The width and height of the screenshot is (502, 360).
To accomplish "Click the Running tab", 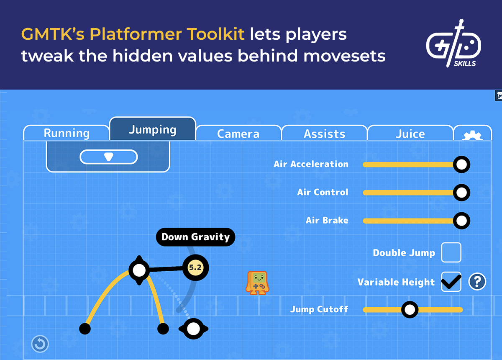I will pyautogui.click(x=67, y=133).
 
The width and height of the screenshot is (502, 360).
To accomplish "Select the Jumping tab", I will pyautogui.click(x=152, y=129).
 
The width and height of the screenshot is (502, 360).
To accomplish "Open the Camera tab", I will pyautogui.click(x=238, y=134).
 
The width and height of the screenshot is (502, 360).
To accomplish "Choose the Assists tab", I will pyautogui.click(x=324, y=134).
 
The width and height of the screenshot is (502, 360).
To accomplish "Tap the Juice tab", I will pyautogui.click(x=410, y=134).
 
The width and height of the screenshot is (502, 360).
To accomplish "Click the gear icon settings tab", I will pyautogui.click(x=473, y=135).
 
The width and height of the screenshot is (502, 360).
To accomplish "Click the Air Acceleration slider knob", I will pyautogui.click(x=461, y=165).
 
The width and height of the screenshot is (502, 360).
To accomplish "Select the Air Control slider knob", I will pyautogui.click(x=461, y=193).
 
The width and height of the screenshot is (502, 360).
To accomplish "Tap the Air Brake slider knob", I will pyautogui.click(x=461, y=221).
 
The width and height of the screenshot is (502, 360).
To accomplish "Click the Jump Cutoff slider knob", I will pyautogui.click(x=410, y=310).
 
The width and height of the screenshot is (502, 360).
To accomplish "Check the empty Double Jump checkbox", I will pyautogui.click(x=451, y=252).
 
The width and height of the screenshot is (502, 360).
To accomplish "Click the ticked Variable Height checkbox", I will pyautogui.click(x=451, y=282).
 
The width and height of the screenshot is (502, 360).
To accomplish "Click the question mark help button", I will pyautogui.click(x=477, y=282).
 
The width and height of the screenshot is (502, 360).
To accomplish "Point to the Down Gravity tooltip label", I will pyautogui.click(x=195, y=237).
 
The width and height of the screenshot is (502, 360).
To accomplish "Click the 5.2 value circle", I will pyautogui.click(x=195, y=267).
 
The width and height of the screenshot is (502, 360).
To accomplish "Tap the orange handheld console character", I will pyautogui.click(x=257, y=283).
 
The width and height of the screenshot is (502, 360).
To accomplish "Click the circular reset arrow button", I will pyautogui.click(x=40, y=344).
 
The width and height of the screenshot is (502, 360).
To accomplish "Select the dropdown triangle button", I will pyautogui.click(x=108, y=157).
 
